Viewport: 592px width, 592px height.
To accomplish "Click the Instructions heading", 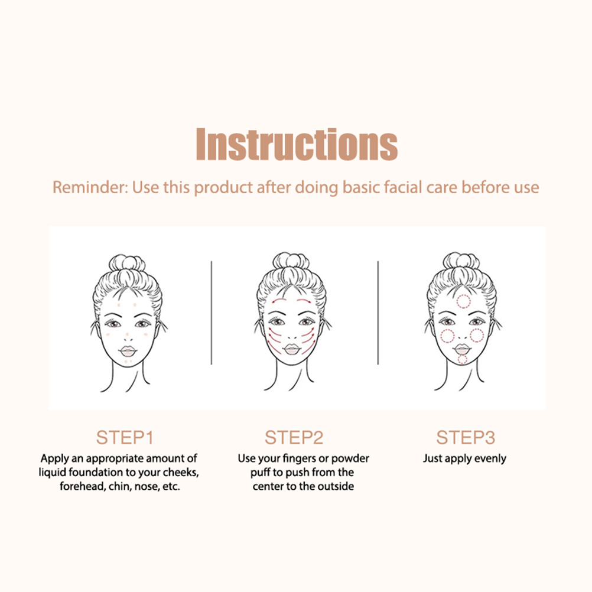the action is (297, 144).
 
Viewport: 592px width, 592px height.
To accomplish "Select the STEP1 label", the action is (125, 438).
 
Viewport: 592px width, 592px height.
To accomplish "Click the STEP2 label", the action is (294, 438).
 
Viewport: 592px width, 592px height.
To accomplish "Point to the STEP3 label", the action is (465, 438).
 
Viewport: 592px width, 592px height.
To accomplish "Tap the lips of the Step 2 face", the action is (291, 349).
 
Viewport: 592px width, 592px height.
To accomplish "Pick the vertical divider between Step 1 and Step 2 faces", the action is (212, 313).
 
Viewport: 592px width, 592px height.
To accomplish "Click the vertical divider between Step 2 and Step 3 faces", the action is (378, 313).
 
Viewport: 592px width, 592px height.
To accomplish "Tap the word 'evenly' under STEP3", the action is (490, 458).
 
